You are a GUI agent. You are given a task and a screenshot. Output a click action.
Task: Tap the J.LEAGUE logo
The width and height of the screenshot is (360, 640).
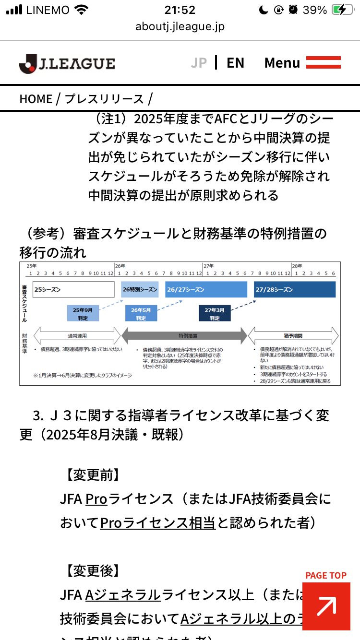(67, 63)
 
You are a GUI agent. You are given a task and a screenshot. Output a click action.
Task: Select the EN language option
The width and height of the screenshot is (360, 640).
(235, 63)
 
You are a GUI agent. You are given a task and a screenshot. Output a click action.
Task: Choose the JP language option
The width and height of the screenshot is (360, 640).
(199, 63)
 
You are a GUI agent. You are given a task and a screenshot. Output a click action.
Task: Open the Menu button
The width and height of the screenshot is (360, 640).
(302, 63)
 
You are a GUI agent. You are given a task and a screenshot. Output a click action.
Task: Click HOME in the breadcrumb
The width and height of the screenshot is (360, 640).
(36, 99)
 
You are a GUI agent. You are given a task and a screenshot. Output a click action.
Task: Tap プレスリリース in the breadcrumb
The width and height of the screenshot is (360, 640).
(104, 99)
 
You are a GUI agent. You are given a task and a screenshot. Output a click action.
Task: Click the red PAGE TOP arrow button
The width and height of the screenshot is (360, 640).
(326, 606)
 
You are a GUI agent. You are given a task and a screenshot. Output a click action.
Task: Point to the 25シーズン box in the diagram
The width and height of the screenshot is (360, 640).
(73, 290)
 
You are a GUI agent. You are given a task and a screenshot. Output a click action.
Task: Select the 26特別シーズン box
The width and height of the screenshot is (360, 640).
(140, 290)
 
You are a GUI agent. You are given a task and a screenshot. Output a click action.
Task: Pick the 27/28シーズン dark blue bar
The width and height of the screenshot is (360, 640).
(295, 290)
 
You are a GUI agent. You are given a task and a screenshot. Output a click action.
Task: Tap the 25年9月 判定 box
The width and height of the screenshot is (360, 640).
(83, 313)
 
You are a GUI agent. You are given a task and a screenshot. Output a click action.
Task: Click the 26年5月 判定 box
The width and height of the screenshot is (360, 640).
(141, 313)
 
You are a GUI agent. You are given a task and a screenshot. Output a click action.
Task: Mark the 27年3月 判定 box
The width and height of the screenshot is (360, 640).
(215, 313)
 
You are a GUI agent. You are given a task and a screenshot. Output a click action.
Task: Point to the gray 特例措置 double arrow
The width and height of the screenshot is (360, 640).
(184, 336)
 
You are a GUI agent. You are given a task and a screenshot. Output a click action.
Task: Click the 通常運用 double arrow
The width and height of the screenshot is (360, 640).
(77, 336)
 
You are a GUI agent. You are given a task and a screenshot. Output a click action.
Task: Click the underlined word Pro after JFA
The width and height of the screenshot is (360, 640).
(96, 499)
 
